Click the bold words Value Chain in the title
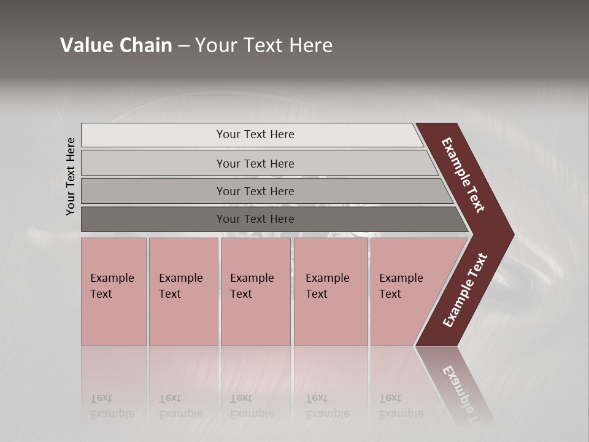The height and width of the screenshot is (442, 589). pos(116,45)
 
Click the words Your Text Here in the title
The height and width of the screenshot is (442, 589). pos(264,45)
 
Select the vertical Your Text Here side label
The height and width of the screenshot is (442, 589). pos(71,176)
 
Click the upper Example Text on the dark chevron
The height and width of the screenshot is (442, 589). pos(463,175)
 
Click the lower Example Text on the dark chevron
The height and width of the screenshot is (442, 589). pos(465,290)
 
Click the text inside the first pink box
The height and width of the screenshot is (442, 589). pos(112,285)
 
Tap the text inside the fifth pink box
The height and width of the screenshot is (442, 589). pos(401,285)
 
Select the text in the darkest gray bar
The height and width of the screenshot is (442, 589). pos(255,219)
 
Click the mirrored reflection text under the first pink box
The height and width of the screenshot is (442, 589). pos(112,406)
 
